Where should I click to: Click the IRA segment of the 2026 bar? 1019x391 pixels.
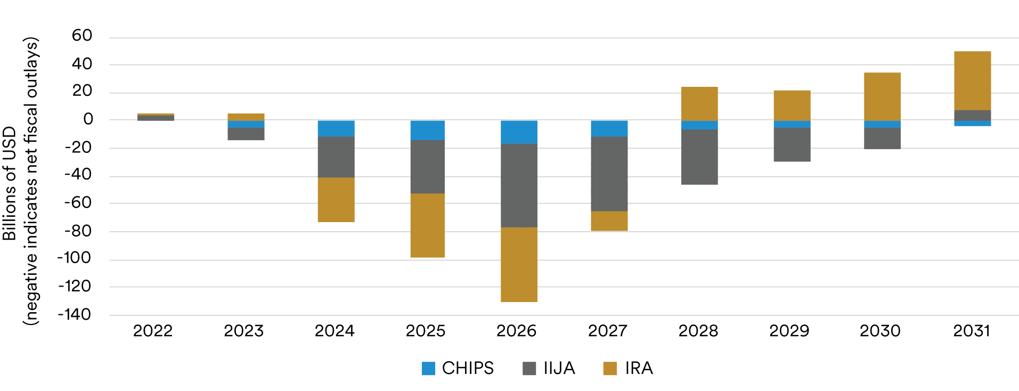tap(519, 264)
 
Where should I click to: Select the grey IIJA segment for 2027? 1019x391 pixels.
tap(609, 174)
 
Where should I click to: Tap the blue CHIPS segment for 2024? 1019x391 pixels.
tap(336, 128)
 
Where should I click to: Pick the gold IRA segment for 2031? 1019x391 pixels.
tap(972, 80)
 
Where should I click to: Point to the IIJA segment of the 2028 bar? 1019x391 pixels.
tap(699, 157)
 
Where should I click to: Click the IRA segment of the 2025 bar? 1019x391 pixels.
tap(427, 225)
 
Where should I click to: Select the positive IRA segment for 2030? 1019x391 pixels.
tap(882, 96)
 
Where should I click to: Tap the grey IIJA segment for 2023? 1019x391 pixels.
tap(246, 134)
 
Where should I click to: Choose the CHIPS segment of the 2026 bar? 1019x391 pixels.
tap(519, 132)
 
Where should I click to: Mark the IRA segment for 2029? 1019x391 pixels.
tap(792, 105)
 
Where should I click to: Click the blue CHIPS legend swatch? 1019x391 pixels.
tap(428, 368)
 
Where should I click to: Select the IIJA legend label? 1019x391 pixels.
tap(559, 368)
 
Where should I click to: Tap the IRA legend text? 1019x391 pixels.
tap(639, 368)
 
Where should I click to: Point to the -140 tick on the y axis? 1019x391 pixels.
tap(75, 315)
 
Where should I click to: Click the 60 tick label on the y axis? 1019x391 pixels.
tap(82, 36)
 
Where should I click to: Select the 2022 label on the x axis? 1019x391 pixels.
tap(153, 331)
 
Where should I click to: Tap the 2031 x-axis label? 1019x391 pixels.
tap(972, 331)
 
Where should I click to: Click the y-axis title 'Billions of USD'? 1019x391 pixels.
tap(10, 183)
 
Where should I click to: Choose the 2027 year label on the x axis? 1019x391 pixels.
tap(607, 331)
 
